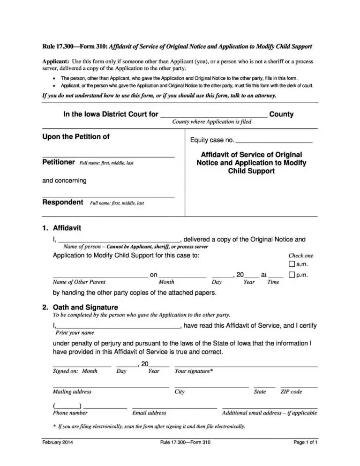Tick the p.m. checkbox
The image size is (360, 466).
coord(292,275)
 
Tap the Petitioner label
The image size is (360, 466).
coord(59,162)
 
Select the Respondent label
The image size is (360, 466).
coord(63,203)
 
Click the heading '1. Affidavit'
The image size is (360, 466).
coord(61,228)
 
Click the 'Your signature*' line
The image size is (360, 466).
coord(246,365)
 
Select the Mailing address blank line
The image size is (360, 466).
coord(111,386)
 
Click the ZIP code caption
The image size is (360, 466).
coord(291,392)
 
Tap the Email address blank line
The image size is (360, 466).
coord(174,407)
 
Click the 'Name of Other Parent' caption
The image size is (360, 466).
coord(79,282)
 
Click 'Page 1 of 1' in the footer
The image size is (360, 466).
coord(306,442)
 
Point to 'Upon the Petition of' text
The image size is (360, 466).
coord(76,137)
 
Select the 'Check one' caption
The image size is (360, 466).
coord(300,256)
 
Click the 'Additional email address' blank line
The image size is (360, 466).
coord(270,407)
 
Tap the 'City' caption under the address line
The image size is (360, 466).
coord(180,392)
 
